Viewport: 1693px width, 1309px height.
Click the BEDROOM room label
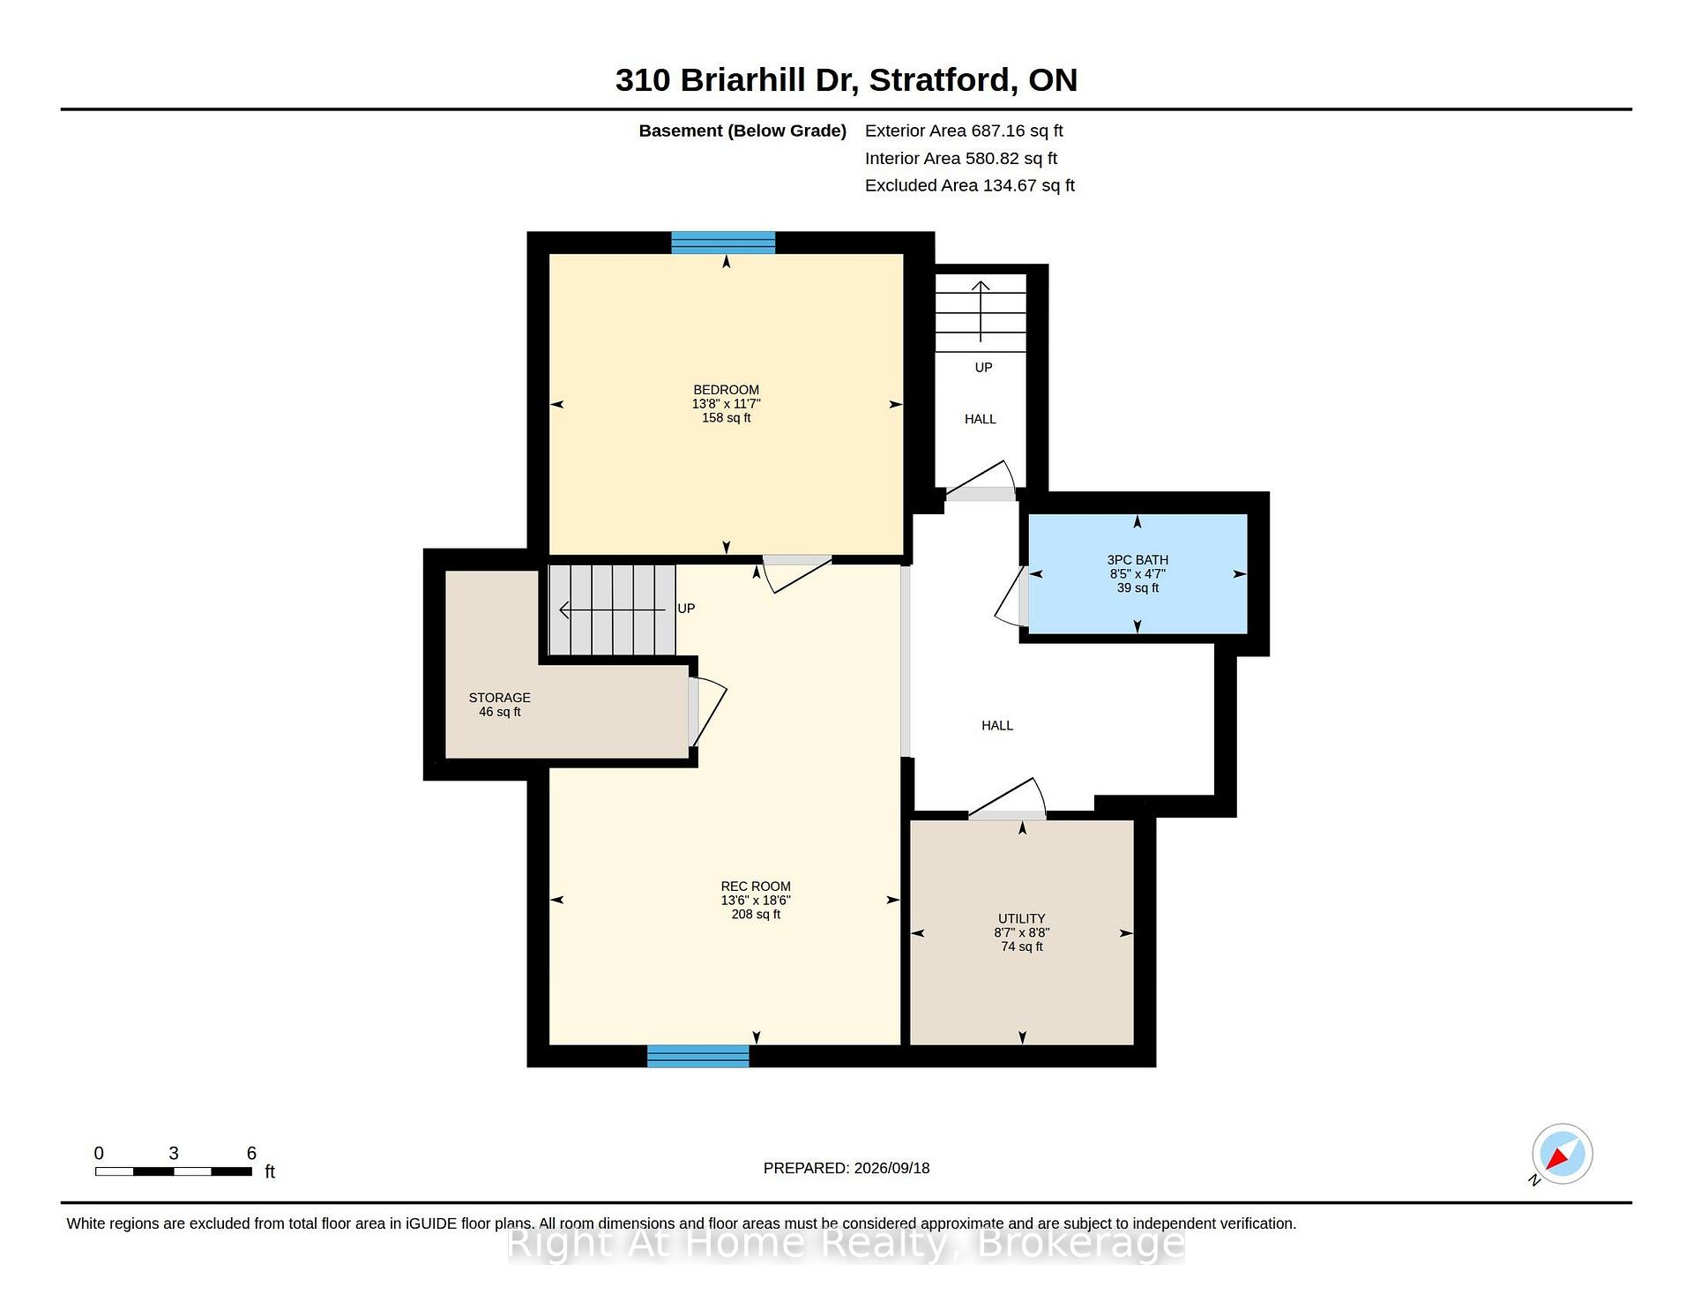pyautogui.click(x=726, y=390)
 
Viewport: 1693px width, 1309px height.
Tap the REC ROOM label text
pyautogui.click(x=756, y=886)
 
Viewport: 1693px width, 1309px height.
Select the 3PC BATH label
pyautogui.click(x=1137, y=560)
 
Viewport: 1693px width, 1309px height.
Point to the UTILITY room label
pyautogui.click(x=1022, y=918)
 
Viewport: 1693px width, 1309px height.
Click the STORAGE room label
pyautogui.click(x=499, y=698)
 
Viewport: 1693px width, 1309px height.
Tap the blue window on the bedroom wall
pyautogui.click(x=723, y=243)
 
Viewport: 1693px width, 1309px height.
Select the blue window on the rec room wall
pyautogui.click(x=697, y=1056)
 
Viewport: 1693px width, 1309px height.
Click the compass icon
pyautogui.click(x=1562, y=1154)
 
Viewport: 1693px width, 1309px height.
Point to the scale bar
pyautogui.click(x=174, y=1171)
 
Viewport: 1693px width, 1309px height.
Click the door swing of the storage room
pyautogui.click(x=708, y=712)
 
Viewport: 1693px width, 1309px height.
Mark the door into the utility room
pyautogui.click(x=1008, y=799)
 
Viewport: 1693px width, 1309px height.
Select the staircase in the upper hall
pyautogui.click(x=981, y=313)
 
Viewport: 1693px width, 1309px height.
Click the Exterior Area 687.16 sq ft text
pyautogui.click(x=964, y=131)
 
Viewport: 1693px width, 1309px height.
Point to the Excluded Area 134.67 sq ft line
pyautogui.click(x=970, y=185)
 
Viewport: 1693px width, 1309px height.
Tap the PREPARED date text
pyautogui.click(x=846, y=1168)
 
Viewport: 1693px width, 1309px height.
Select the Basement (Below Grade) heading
pyautogui.click(x=742, y=131)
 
